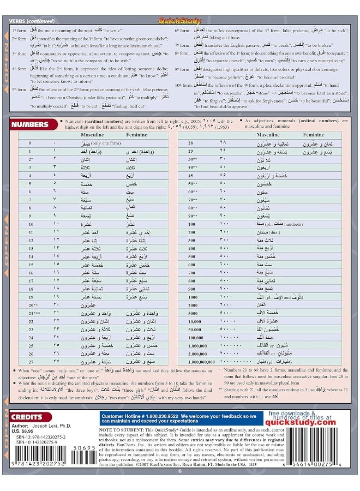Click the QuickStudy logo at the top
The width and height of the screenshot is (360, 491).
179,21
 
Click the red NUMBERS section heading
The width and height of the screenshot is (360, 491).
33,124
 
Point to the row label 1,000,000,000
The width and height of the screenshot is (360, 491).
200,361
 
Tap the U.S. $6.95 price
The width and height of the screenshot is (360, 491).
22,432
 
